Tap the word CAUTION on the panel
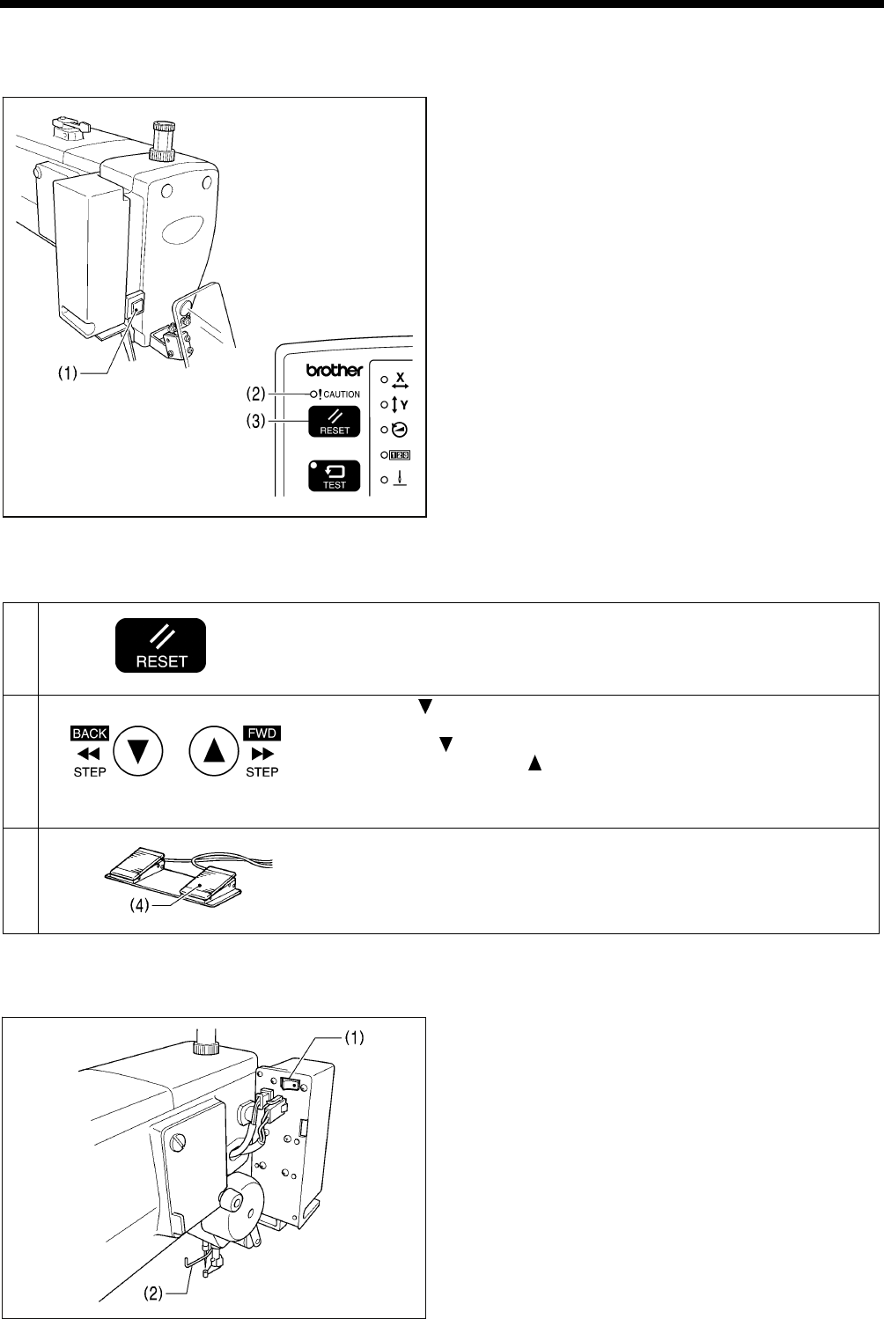point(343,394)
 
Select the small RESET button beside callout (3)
point(334,423)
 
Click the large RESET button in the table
point(161,645)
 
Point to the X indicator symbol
point(401,381)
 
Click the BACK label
point(90,733)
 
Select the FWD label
point(262,733)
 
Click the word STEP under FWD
point(262,772)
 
